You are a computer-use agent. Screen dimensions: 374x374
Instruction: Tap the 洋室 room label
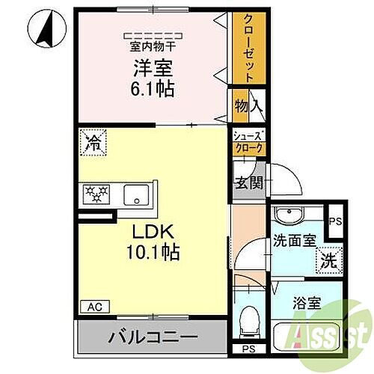coord(153,69)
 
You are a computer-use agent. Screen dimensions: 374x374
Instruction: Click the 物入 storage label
coord(247,107)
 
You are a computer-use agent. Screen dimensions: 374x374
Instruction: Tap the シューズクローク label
coord(248,142)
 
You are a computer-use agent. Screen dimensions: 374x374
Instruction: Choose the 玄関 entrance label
coord(248,183)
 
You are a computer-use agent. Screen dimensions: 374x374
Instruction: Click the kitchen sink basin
coord(137,194)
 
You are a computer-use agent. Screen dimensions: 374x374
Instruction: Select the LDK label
coord(153,233)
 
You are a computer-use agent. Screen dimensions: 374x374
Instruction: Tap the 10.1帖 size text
coord(153,254)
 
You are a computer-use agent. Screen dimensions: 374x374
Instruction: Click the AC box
coord(95,306)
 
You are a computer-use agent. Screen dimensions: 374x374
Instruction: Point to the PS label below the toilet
coord(248,349)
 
